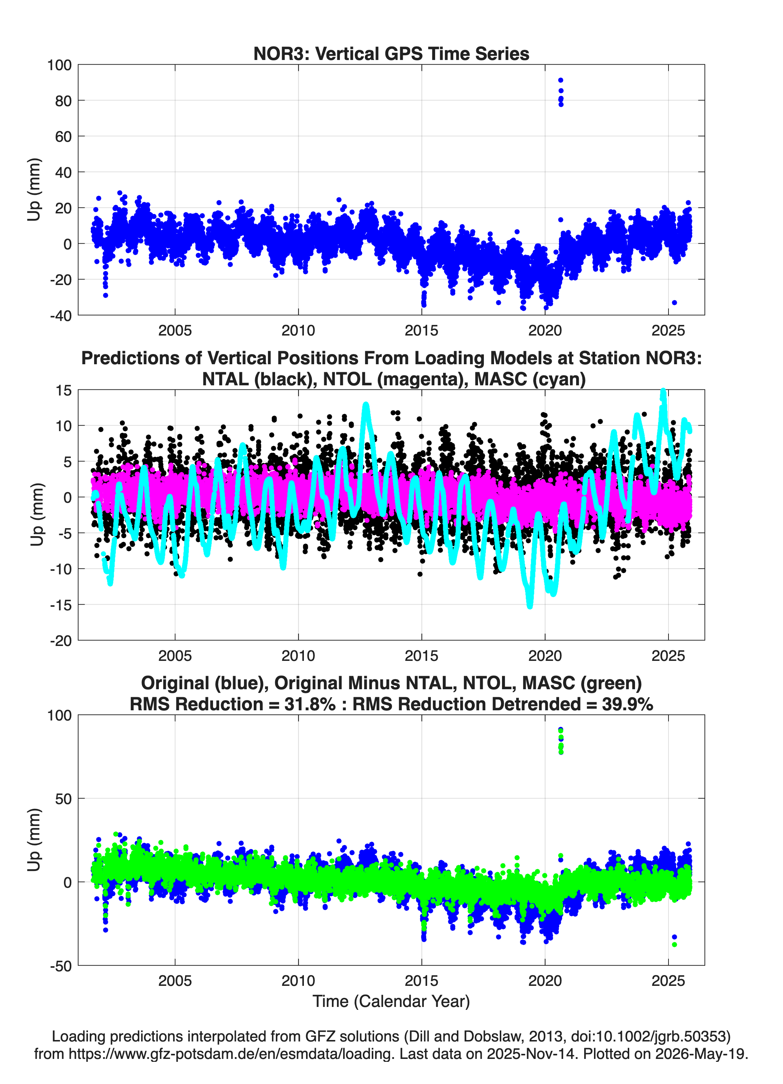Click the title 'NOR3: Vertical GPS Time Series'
coord(391,53)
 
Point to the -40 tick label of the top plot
coord(61,316)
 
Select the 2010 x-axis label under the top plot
coord(298,330)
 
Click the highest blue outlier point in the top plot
coord(561,80)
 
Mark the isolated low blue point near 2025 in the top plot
coord(674,302)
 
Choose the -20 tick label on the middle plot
coord(61,641)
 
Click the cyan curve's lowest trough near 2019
coord(530,606)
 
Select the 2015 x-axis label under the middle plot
coord(422,656)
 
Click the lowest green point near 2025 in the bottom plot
coord(674,945)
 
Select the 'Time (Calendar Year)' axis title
coord(391,1001)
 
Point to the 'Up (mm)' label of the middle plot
coord(36,515)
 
